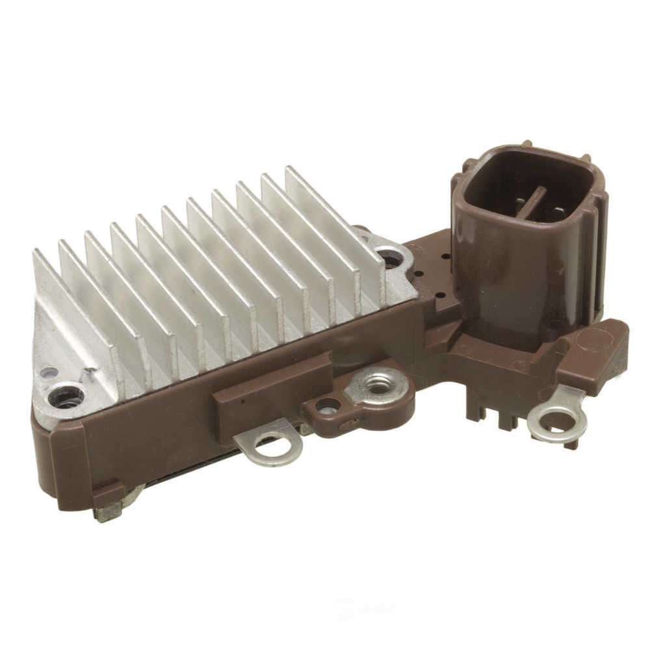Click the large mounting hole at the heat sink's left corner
coord(66,396)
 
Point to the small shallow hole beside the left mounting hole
coord(49,372)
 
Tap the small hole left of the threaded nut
coord(328,407)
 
